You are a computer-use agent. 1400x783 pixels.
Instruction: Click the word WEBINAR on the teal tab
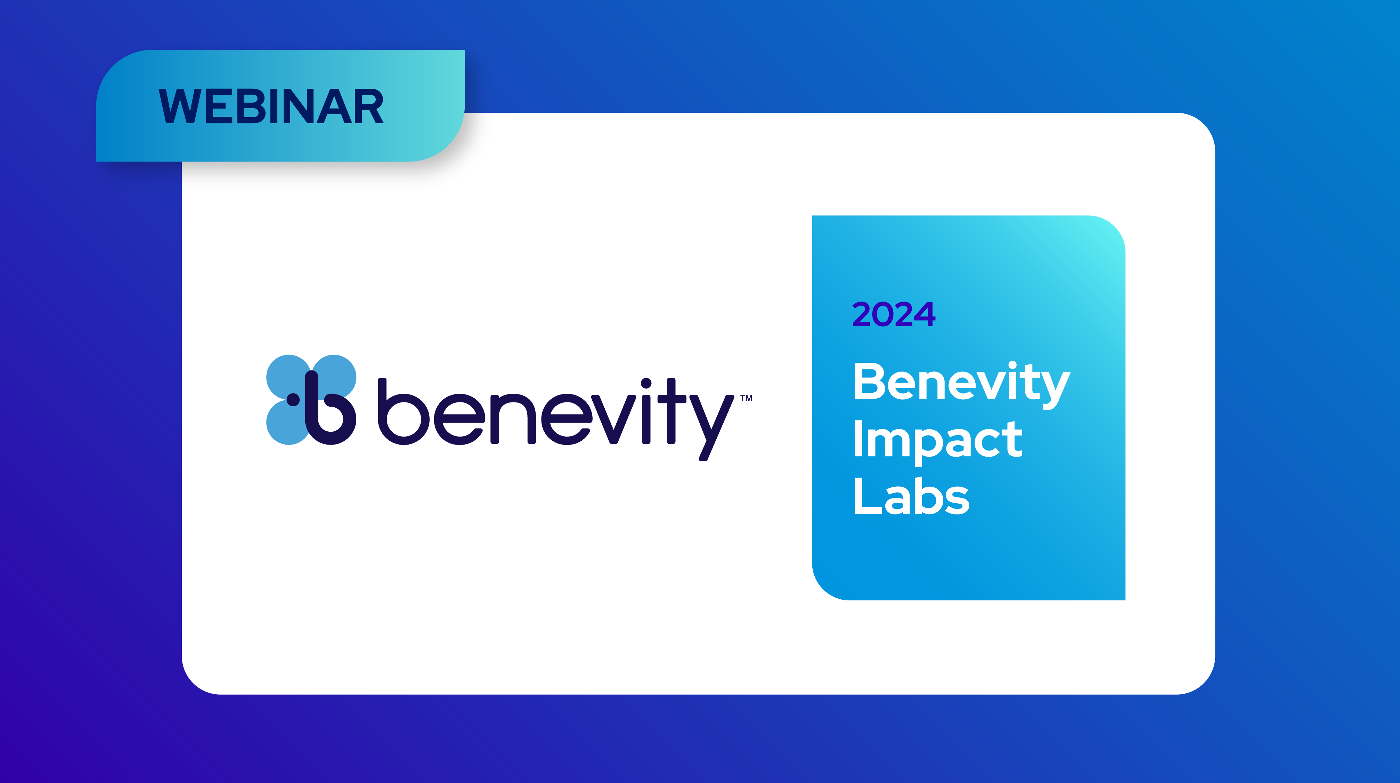[271, 106]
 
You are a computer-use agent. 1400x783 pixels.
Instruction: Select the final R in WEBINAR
[368, 106]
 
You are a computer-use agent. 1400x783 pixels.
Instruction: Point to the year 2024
[894, 314]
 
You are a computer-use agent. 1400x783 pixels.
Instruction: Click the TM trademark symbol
[746, 398]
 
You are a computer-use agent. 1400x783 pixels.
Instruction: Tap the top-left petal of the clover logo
[288, 376]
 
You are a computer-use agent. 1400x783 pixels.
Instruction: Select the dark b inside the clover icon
[329, 408]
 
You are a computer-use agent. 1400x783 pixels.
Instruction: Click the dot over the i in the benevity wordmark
[646, 384]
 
